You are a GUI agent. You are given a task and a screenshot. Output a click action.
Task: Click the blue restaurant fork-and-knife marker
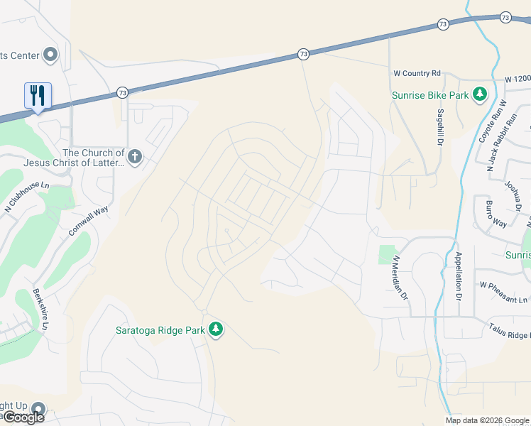tap(38, 95)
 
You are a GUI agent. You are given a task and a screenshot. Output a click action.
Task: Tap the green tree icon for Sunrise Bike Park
tap(480, 94)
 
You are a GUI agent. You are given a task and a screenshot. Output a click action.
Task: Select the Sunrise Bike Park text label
tap(430, 95)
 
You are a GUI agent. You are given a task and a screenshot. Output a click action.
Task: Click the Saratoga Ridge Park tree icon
tap(216, 329)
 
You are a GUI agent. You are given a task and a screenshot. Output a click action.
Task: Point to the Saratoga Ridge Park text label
tap(160, 329)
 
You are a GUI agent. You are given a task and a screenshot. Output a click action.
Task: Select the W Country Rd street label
tap(417, 73)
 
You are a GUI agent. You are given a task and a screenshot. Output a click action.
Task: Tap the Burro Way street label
tap(496, 214)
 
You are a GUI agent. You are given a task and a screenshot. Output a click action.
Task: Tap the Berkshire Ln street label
tap(40, 310)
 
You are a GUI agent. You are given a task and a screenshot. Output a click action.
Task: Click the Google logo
tap(23, 417)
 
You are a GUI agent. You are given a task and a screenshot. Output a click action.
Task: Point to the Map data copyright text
tap(487, 420)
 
